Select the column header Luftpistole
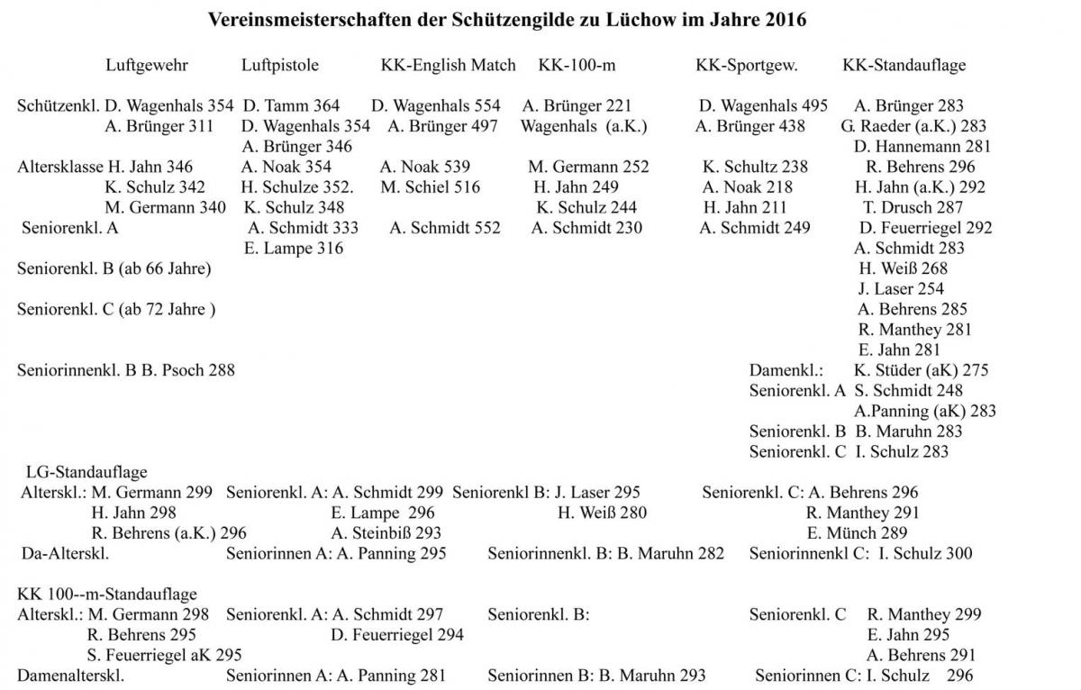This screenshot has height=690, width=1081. tap(279, 65)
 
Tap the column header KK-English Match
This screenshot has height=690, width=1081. tap(448, 65)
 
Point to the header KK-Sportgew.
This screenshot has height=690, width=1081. tap(747, 65)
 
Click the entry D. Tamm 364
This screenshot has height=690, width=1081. tap(291, 106)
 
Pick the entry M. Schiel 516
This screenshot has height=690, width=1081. tap(430, 187)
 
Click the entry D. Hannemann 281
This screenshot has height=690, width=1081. tap(922, 147)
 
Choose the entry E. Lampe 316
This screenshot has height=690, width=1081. tap(293, 249)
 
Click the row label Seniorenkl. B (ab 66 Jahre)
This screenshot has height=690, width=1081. tap(114, 268)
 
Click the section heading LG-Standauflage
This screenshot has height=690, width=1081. tap(87, 472)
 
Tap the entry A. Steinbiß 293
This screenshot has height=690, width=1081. tap(386, 533)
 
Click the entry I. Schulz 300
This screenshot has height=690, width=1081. tap(925, 553)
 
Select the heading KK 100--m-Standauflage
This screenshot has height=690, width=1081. tap(107, 595)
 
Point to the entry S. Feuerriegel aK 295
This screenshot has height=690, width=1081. tap(164, 655)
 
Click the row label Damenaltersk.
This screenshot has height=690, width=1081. tap(70, 676)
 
